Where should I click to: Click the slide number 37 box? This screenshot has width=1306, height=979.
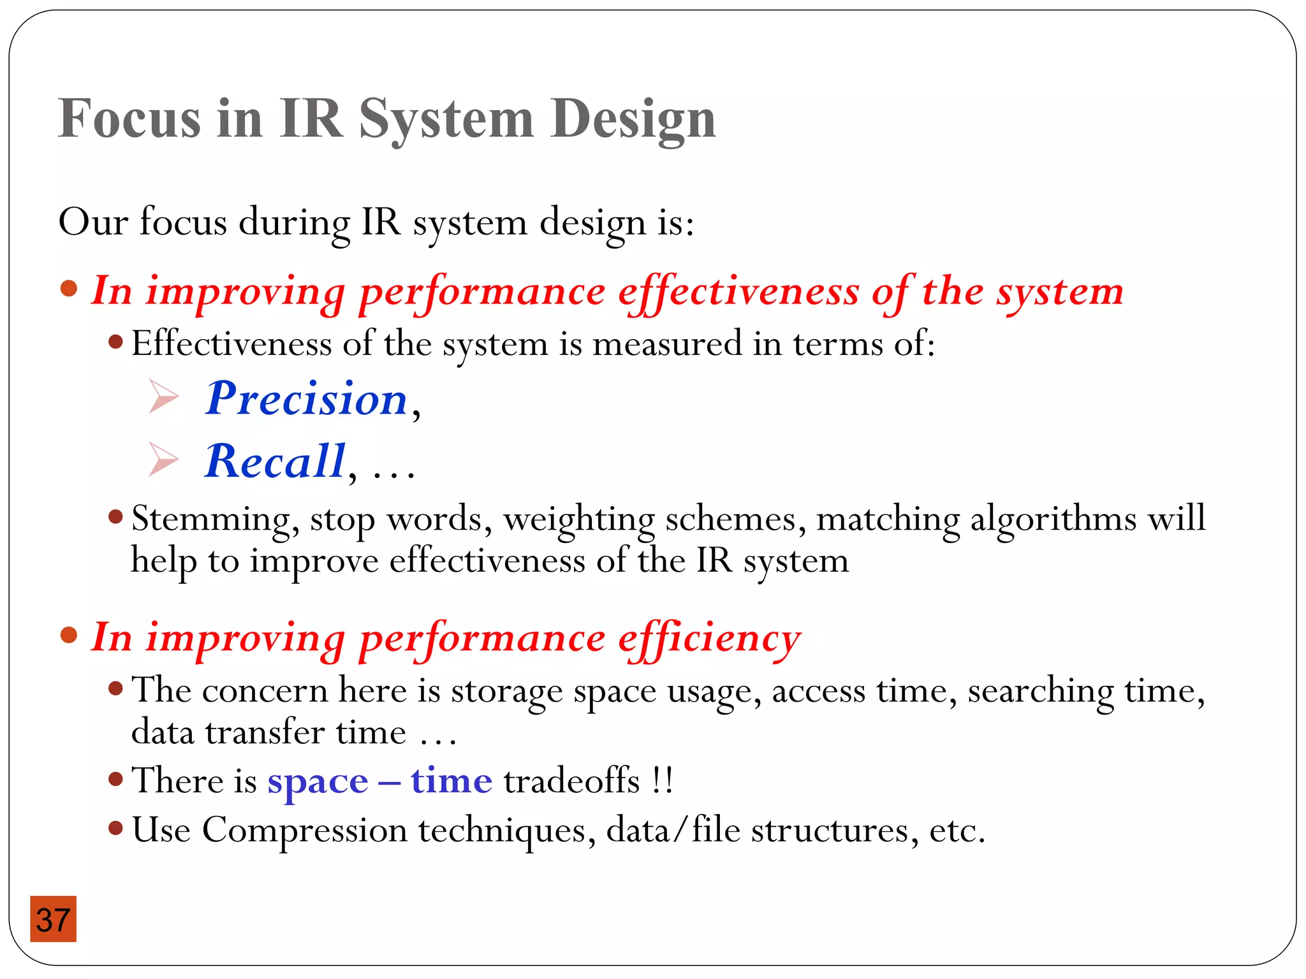(x=53, y=918)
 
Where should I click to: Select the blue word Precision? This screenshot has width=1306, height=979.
(x=306, y=399)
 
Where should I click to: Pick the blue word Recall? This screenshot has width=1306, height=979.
(x=275, y=461)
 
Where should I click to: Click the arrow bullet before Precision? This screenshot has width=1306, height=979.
(x=163, y=396)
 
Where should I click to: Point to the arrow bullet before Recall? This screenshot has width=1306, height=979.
(x=163, y=459)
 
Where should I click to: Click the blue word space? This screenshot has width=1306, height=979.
(x=318, y=781)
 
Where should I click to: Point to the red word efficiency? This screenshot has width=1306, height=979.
(x=709, y=639)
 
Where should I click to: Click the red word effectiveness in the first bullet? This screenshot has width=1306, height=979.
(x=738, y=293)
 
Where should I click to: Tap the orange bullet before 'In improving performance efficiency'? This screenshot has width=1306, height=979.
(x=69, y=635)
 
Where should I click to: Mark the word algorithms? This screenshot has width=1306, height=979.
(x=1053, y=519)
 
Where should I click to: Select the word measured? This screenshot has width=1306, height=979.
(x=667, y=344)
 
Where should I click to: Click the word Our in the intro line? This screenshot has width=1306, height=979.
(x=93, y=222)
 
